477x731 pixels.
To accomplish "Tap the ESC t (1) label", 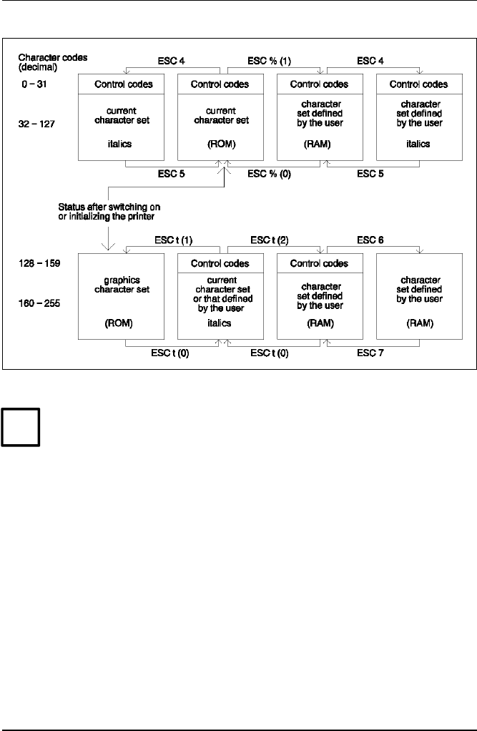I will coord(173,239).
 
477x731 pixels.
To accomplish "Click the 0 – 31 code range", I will coord(34,84).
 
